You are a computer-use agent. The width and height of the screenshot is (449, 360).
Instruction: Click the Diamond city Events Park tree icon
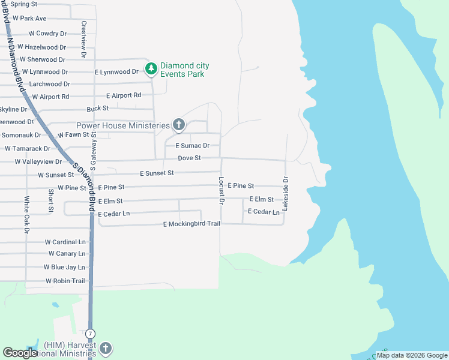click(x=151, y=70)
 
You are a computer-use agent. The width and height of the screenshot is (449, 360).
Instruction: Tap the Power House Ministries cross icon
click(x=178, y=125)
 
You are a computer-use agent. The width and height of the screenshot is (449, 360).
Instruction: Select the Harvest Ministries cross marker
click(x=105, y=349)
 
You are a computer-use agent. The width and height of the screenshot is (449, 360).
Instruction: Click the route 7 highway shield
click(x=90, y=332)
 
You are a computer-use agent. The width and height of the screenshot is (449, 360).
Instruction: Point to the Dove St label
click(x=189, y=158)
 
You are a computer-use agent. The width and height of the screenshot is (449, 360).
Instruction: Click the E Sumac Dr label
click(x=192, y=146)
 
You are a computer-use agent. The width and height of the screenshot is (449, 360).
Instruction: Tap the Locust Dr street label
click(x=221, y=191)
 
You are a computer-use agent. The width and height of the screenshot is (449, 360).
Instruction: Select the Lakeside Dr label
click(x=286, y=193)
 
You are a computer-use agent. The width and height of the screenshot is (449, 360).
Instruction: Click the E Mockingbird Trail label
click(x=191, y=224)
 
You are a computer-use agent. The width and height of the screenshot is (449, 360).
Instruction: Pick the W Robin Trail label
click(x=65, y=281)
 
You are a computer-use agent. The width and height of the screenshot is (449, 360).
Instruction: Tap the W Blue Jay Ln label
click(x=64, y=267)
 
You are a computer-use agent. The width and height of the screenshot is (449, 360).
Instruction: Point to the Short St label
click(x=51, y=200)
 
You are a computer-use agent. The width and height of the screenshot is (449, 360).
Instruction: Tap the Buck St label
click(x=97, y=109)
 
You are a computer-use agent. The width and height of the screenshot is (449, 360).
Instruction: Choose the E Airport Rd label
click(x=124, y=95)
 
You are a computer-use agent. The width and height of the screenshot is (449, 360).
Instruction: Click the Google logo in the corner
click(x=20, y=353)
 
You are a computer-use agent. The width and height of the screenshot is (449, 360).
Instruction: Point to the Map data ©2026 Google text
click(x=411, y=355)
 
